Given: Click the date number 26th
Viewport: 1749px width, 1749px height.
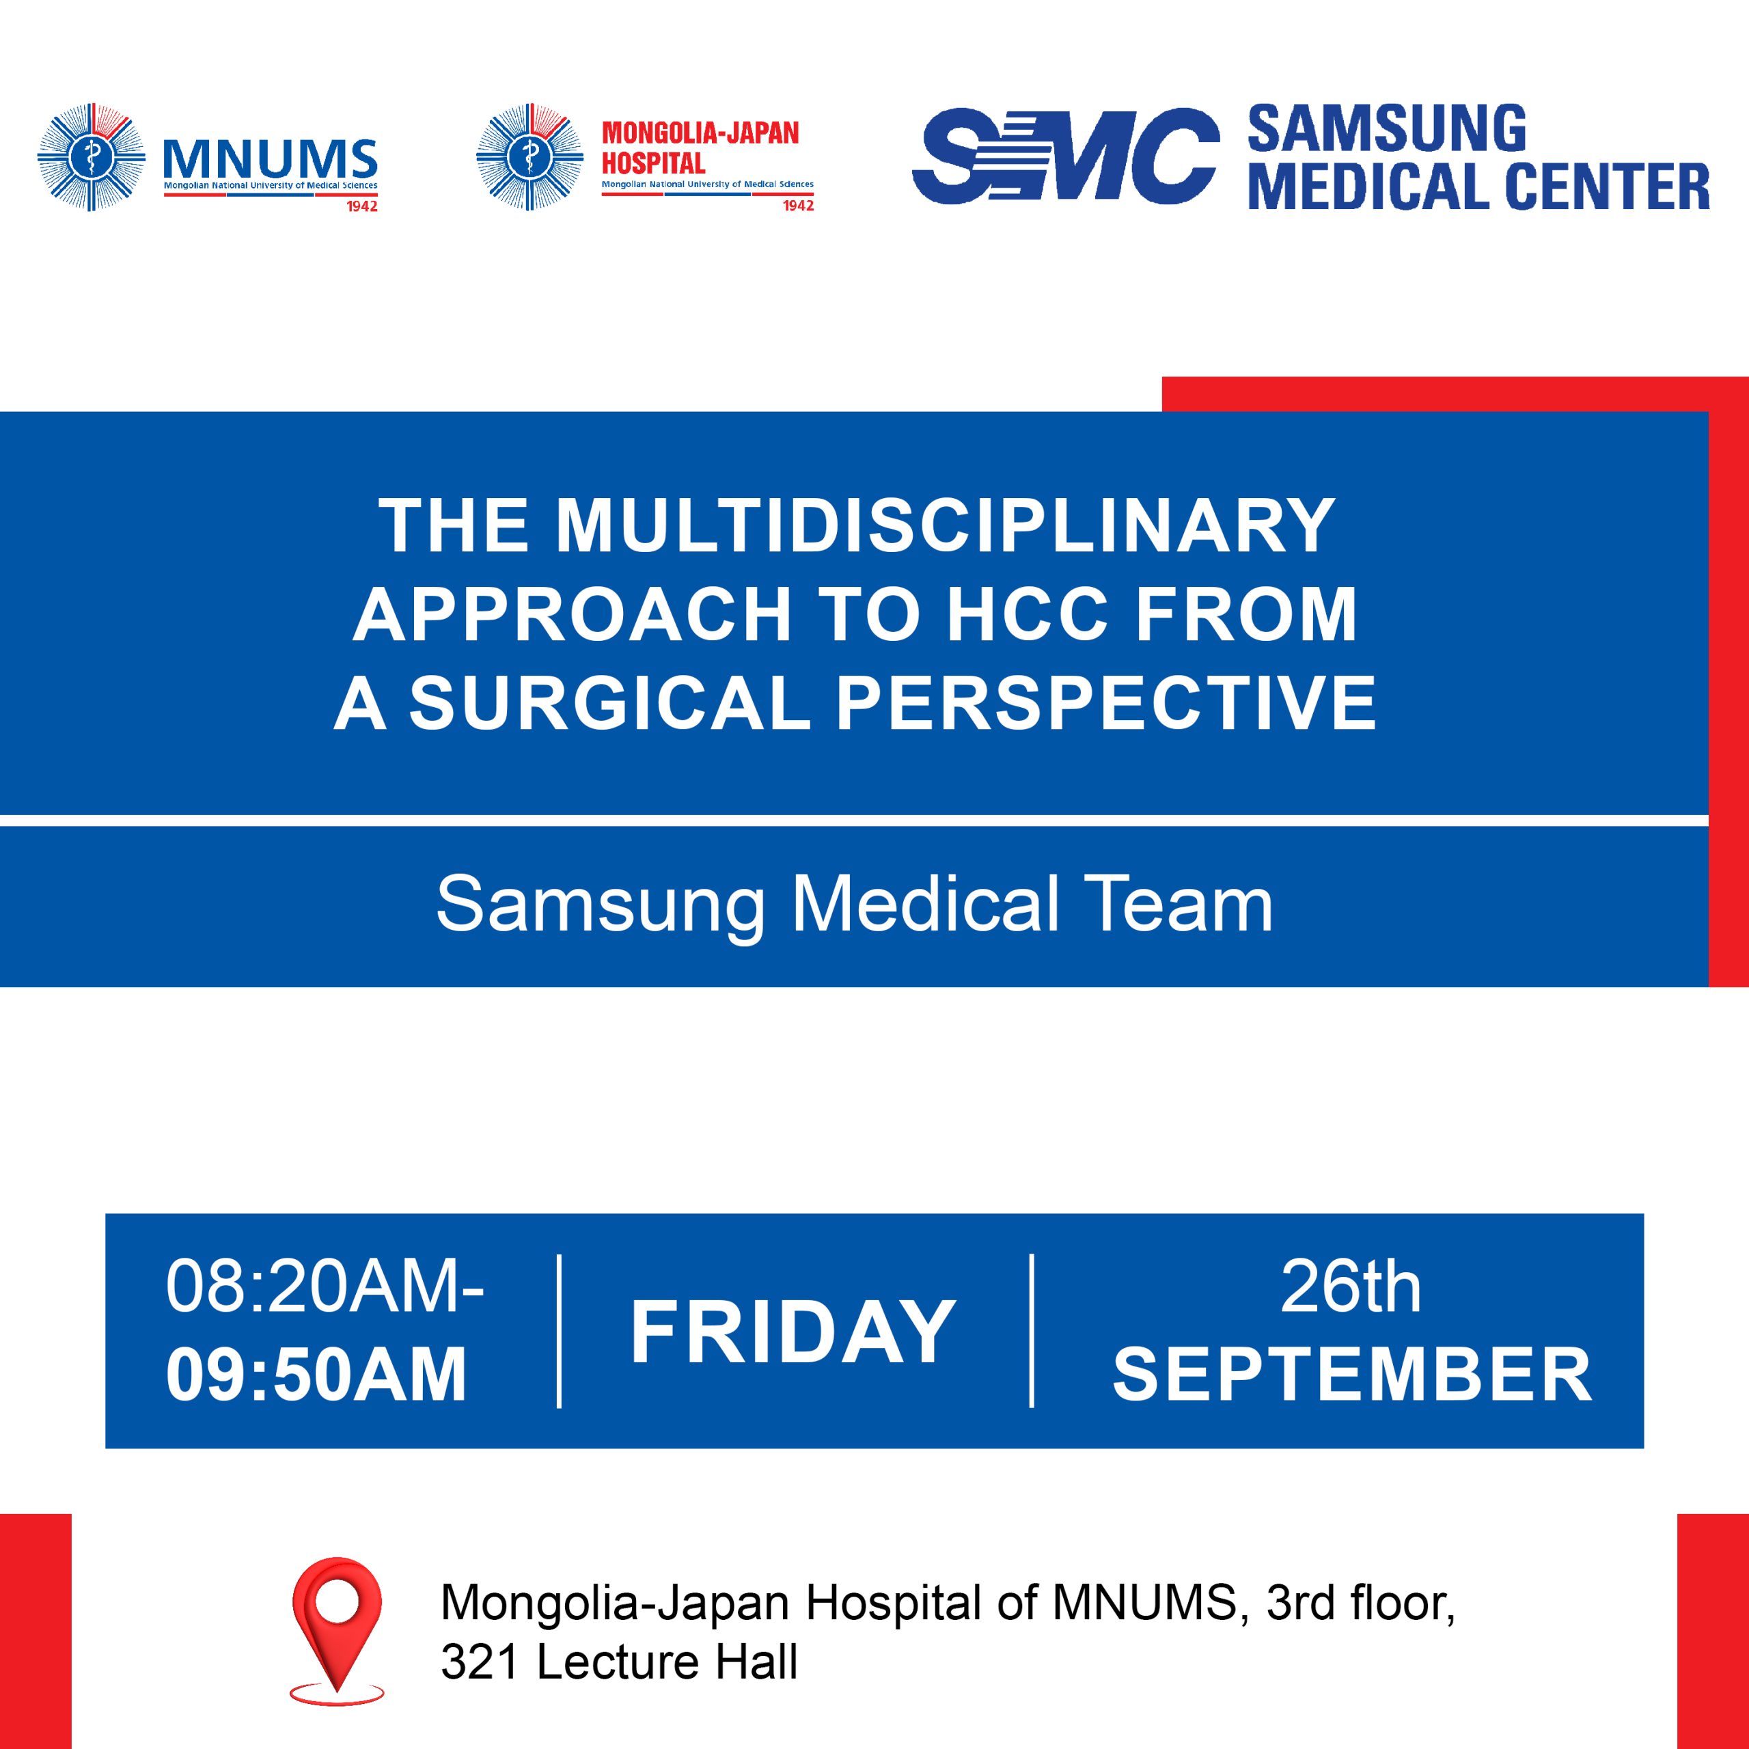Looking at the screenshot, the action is click(x=1350, y=1286).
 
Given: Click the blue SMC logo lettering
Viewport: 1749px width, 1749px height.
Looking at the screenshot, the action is click(x=1066, y=155).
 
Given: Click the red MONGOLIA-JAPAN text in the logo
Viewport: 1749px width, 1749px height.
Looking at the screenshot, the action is click(x=701, y=133).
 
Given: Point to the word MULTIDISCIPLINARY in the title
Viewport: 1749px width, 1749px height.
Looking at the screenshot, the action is click(x=946, y=525).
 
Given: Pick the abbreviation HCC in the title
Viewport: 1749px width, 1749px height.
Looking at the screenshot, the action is click(x=1028, y=615).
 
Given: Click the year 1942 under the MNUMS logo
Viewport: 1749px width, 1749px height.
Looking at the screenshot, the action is click(x=362, y=206).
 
